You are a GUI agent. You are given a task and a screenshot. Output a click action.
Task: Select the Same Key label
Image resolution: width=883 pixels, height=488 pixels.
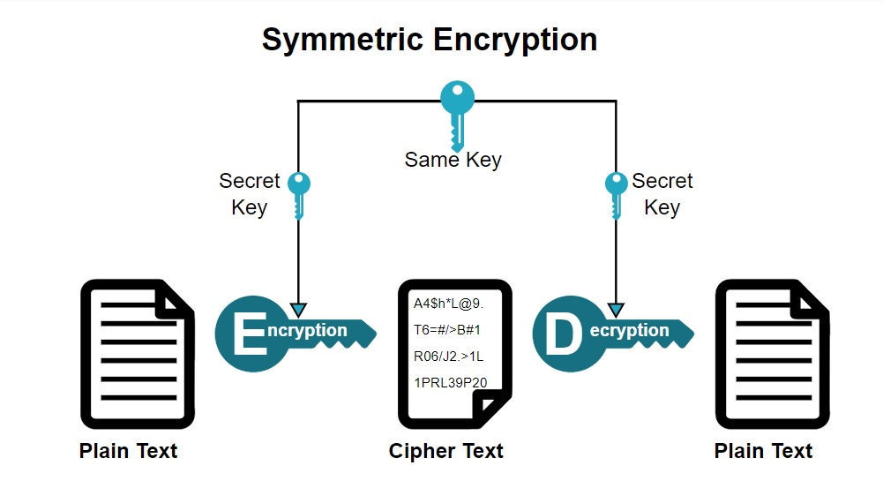pyautogui.click(x=453, y=160)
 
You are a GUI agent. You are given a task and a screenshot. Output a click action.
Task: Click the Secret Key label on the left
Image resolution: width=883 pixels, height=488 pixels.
pyautogui.click(x=250, y=194)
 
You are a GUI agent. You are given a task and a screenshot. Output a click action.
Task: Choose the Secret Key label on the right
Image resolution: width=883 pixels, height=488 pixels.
pyautogui.click(x=662, y=194)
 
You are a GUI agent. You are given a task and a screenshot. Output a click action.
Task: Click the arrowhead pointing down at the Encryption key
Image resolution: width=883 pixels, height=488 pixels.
pyautogui.click(x=298, y=309)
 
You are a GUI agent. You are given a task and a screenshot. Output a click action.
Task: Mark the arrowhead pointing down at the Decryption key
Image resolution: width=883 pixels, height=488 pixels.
pyautogui.click(x=616, y=309)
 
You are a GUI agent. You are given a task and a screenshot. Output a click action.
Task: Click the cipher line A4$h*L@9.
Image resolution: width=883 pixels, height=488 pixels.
pyautogui.click(x=449, y=304)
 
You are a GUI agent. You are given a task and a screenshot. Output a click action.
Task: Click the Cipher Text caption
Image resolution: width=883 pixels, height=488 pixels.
pyautogui.click(x=445, y=451)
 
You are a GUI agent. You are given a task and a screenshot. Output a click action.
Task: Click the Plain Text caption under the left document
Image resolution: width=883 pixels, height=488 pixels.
pyautogui.click(x=129, y=451)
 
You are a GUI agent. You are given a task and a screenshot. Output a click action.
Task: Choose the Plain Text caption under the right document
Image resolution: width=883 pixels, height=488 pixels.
pyautogui.click(x=763, y=451)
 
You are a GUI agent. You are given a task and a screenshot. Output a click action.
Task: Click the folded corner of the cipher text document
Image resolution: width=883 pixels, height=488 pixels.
pyautogui.click(x=491, y=405)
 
